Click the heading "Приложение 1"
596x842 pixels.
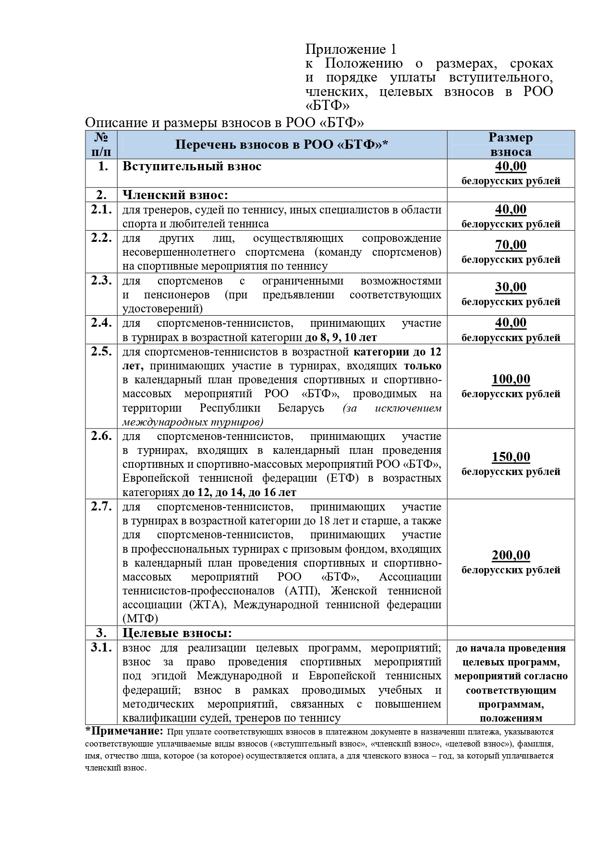click(x=351, y=49)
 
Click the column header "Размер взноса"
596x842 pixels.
click(x=511, y=144)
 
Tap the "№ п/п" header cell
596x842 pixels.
click(x=101, y=144)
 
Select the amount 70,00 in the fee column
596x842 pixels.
click(x=511, y=245)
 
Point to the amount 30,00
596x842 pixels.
click(x=511, y=287)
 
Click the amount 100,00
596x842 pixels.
click(x=511, y=379)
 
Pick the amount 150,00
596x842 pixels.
click(x=511, y=457)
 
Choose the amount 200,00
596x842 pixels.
click(x=511, y=555)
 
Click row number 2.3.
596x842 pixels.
click(x=101, y=280)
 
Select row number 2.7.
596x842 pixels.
click(x=101, y=506)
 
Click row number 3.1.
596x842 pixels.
click(x=101, y=647)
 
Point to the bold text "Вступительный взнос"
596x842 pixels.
click(x=192, y=166)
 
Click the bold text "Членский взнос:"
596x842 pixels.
click(x=175, y=195)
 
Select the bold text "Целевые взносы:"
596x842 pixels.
click(x=177, y=633)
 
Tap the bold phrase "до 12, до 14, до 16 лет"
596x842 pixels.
click(x=239, y=492)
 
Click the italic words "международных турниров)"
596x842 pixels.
click(x=193, y=422)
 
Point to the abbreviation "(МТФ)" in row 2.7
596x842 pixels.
click(x=140, y=618)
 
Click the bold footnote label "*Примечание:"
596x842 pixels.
click(x=124, y=731)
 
